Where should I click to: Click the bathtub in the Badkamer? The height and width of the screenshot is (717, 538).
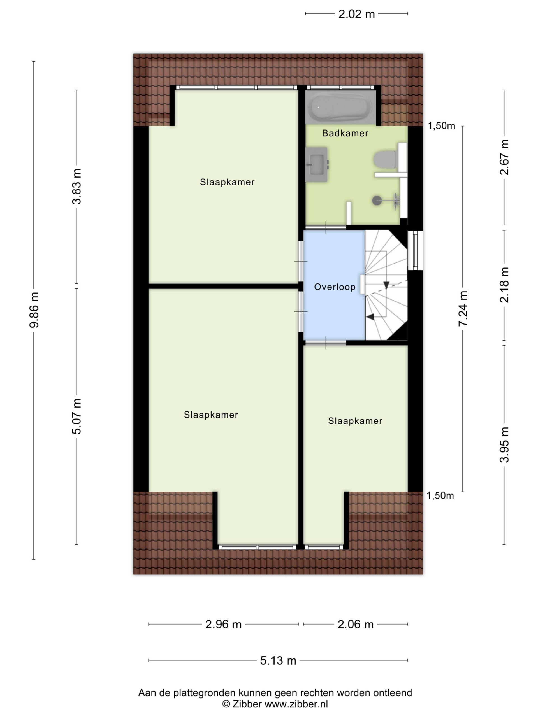[340, 107]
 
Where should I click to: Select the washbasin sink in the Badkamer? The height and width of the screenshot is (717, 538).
[317, 164]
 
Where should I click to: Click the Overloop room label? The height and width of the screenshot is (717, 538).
[335, 287]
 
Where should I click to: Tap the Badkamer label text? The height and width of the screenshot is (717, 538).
[345, 133]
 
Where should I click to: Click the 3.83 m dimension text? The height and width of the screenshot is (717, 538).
[76, 186]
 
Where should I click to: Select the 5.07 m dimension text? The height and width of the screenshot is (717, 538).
[76, 416]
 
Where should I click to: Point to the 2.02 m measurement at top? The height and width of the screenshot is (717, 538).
[356, 14]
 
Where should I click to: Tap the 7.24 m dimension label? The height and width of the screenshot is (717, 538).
[463, 309]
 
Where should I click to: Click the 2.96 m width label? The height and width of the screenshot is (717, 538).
[223, 624]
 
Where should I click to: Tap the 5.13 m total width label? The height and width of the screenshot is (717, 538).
[278, 660]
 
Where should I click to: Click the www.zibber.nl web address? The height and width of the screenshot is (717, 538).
[296, 704]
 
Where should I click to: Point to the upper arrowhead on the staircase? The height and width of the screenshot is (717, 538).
[386, 285]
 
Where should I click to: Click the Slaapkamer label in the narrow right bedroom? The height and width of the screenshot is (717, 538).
[355, 421]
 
